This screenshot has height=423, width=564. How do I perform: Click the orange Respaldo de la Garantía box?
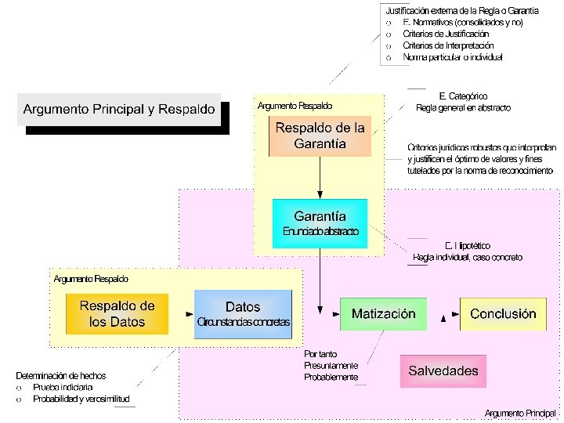319,136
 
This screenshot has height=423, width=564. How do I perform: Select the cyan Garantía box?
319,222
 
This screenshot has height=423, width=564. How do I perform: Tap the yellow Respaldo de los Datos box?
117,313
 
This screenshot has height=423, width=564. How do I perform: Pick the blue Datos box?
243,313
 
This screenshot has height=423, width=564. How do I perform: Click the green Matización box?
383,314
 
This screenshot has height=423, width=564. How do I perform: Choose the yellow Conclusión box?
503,314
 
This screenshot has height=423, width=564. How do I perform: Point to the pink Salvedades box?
443,371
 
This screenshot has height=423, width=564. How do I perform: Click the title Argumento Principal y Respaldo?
119,110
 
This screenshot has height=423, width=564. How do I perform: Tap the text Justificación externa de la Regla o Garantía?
461,11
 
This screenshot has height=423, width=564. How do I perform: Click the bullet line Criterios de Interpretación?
448,45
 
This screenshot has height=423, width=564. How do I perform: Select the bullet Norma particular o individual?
452,57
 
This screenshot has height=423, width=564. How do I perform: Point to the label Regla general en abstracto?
463,108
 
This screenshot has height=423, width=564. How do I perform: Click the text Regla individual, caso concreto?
467,258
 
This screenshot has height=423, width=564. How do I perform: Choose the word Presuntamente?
331,366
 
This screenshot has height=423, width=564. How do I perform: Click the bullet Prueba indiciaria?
63,388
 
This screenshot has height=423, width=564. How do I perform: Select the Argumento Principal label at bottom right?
520,413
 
